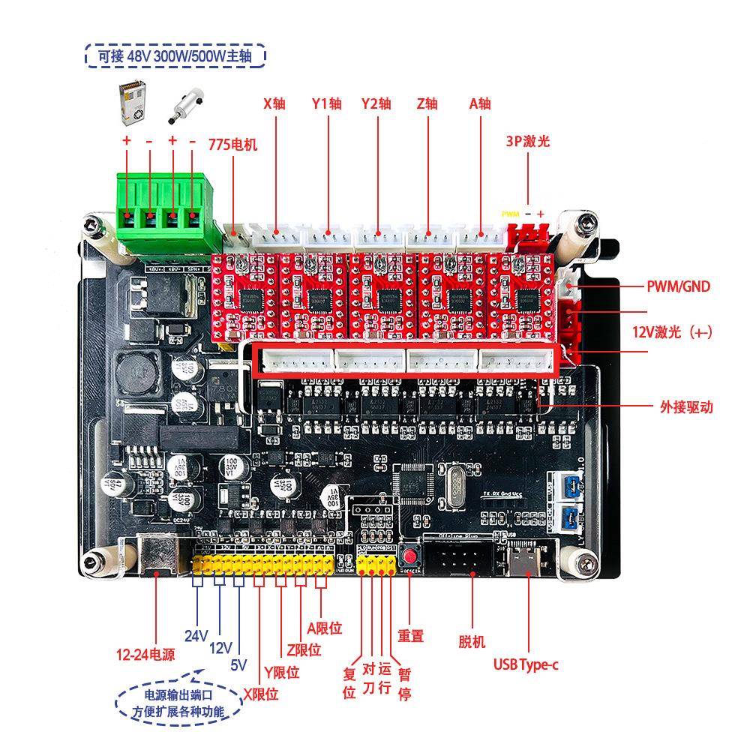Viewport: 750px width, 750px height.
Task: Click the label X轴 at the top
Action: point(274,103)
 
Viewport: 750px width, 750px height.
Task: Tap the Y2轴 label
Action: point(376,103)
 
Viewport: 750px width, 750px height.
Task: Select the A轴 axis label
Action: point(480,103)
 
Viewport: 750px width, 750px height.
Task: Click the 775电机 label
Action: point(232,145)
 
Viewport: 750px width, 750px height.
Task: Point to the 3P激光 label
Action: point(527,140)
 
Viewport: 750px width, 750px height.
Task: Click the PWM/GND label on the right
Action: point(678,286)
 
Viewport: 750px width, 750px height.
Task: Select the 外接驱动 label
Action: point(685,407)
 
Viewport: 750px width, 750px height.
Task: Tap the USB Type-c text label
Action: point(525,664)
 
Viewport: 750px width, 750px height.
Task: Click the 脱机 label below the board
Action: point(472,641)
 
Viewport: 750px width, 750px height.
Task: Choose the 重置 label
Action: point(410,636)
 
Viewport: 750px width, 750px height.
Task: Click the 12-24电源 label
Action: point(145,654)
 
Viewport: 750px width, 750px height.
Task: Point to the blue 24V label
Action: point(196,636)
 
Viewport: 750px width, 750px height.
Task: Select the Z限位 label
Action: point(304,649)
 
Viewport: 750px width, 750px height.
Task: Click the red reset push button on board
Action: point(410,557)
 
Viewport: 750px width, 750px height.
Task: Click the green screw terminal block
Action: point(160,212)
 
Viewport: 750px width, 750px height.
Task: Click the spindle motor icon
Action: point(181,106)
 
